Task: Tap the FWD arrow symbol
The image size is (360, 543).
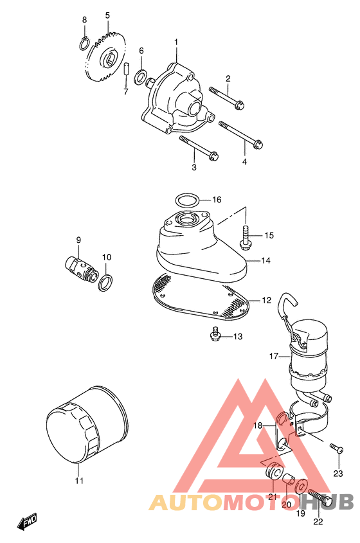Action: point(28,522)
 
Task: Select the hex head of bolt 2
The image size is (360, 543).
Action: point(239,105)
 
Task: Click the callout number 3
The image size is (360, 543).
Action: point(194,167)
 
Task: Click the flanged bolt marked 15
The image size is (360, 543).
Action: point(246,238)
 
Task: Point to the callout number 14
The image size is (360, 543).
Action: point(265,260)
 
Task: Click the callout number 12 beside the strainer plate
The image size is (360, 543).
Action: point(266,300)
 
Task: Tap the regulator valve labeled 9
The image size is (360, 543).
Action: point(80,269)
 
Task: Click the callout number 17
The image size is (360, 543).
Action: point(274,355)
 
